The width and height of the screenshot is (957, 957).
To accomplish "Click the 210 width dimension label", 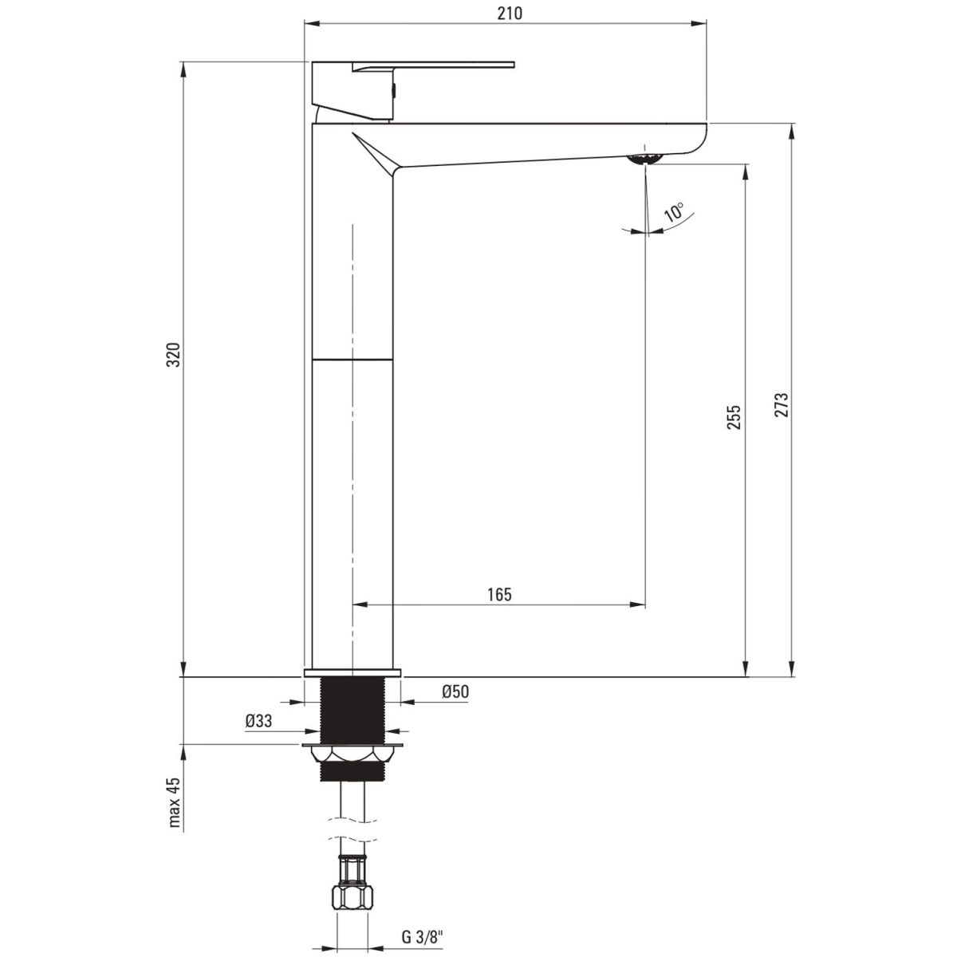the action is point(510,14).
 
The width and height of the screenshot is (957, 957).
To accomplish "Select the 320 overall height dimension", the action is point(174,355).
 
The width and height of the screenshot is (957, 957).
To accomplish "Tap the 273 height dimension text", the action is point(782,405).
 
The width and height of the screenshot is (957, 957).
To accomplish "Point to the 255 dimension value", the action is point(734,417).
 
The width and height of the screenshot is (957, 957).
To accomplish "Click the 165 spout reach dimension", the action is point(499,594).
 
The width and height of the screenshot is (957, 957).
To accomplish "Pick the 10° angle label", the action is point(675,211).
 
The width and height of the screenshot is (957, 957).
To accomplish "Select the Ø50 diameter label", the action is point(455,691).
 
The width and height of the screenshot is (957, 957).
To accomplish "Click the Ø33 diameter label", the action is point(258,721).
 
